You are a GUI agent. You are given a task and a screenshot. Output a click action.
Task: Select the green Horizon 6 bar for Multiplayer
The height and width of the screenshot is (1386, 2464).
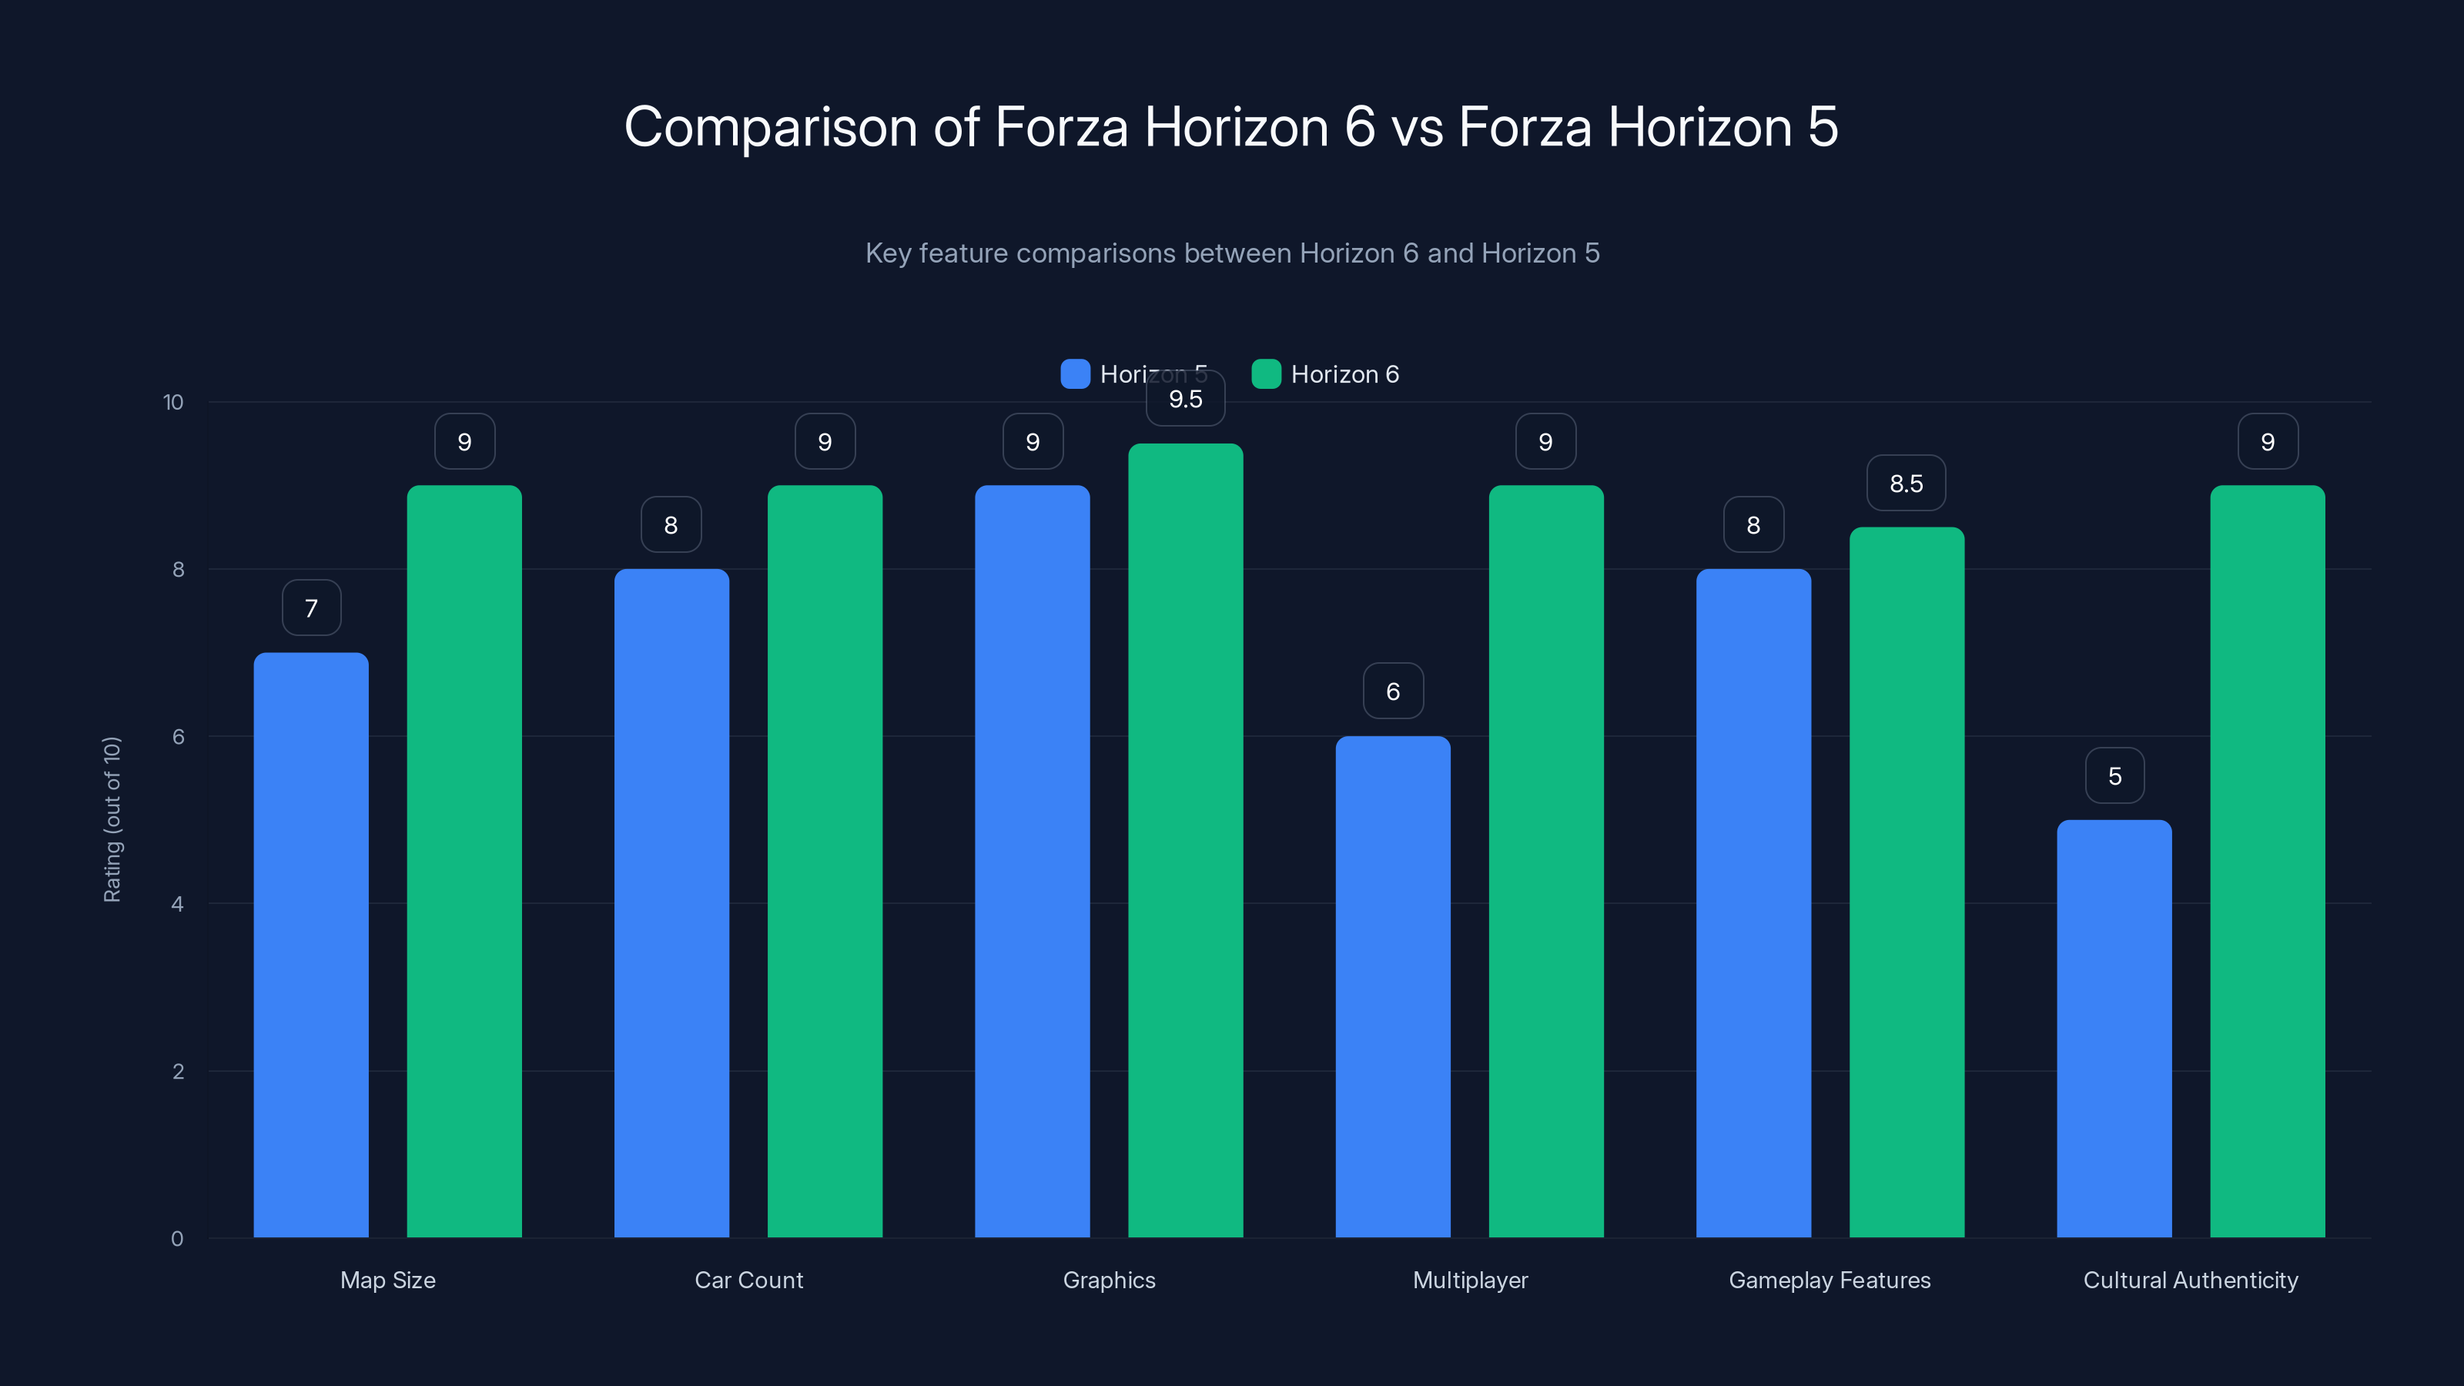point(1545,861)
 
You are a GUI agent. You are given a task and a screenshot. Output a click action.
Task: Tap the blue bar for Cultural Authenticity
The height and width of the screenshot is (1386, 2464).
point(2114,1028)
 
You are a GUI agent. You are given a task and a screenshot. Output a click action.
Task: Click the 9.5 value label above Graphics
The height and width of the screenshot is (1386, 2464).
point(1185,400)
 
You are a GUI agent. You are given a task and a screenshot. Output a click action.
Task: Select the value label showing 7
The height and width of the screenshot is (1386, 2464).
point(311,608)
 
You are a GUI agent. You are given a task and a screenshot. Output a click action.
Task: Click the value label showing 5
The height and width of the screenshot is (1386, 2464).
point(2114,775)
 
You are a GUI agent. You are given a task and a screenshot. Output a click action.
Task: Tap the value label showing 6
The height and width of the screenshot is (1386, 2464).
point(1393,691)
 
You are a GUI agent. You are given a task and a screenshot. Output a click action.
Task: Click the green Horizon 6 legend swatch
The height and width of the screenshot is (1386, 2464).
point(1265,374)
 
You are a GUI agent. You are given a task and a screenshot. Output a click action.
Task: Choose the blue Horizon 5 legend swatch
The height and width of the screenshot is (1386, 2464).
point(1075,374)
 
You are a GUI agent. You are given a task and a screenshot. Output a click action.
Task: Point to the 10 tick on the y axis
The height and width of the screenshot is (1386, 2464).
point(173,402)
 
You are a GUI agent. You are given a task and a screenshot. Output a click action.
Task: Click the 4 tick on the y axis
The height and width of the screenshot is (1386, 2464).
point(177,904)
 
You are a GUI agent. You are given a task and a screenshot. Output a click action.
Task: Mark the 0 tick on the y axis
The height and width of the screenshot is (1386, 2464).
point(177,1239)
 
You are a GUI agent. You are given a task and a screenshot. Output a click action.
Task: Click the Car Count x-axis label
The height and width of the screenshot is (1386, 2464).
point(748,1280)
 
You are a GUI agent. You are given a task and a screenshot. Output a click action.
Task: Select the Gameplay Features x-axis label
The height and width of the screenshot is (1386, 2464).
point(1829,1280)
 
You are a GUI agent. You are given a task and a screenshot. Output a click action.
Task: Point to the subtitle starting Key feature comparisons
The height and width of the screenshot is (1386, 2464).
point(1232,253)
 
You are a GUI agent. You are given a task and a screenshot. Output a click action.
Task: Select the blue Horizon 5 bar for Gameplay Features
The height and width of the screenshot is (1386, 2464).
point(1753,903)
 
